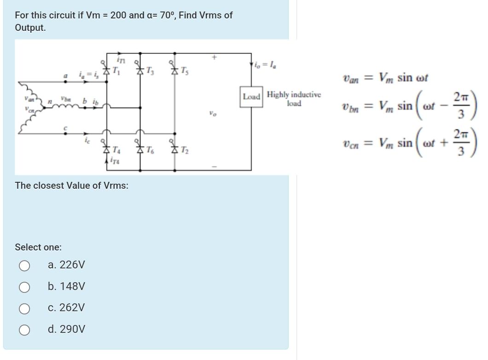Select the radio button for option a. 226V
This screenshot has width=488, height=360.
tap(25, 266)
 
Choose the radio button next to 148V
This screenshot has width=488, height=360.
tap(25, 287)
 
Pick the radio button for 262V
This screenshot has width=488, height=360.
tap(25, 308)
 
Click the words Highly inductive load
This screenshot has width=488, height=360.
tap(293, 99)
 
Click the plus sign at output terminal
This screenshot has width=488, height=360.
tap(214, 58)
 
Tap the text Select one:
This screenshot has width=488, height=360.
tap(38, 247)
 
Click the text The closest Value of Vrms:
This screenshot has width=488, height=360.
tap(72, 186)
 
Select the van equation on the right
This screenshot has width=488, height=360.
tap(385, 77)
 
